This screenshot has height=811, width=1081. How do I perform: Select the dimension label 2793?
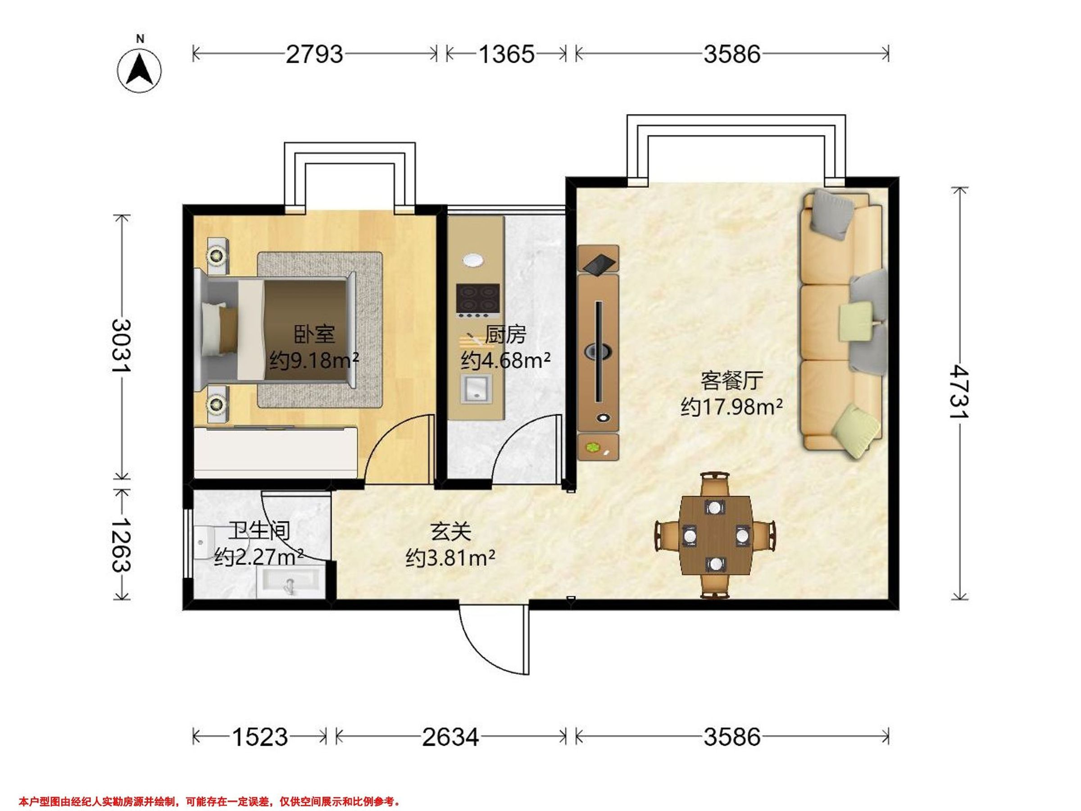coord(314,54)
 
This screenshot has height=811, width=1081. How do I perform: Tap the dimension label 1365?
coord(506,54)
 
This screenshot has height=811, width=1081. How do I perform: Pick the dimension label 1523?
coord(259,737)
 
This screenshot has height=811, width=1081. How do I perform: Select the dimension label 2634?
coord(450,737)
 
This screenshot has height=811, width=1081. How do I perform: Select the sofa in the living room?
coord(843,325)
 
